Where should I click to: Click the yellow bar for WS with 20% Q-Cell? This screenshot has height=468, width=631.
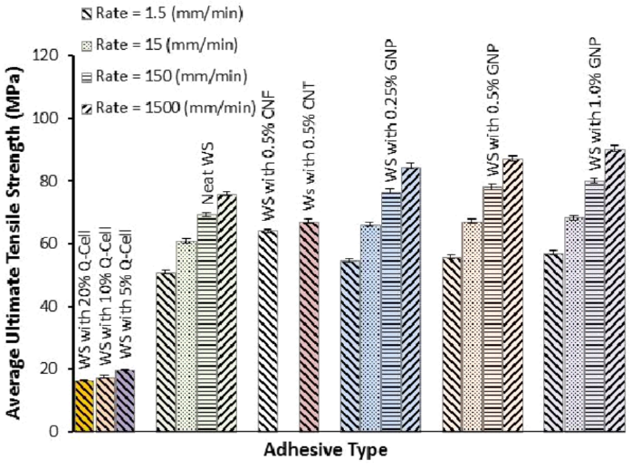click(84, 406)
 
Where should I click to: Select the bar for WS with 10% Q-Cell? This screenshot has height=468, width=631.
click(104, 404)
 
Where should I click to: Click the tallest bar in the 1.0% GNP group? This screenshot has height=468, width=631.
click(614, 291)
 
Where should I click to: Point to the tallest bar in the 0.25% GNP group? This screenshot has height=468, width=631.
click(411, 300)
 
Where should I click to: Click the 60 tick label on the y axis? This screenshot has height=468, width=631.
click(51, 244)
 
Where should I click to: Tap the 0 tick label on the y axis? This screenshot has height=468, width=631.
click(54, 432)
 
